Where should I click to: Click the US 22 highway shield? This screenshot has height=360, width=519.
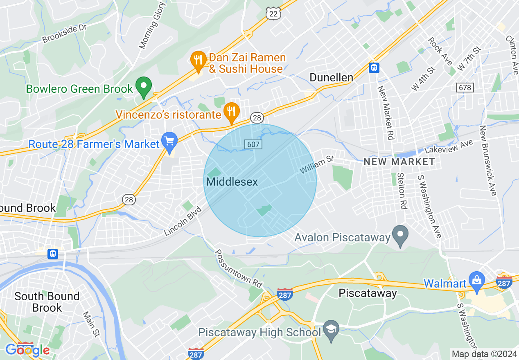273,13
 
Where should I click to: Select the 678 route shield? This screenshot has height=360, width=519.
465,88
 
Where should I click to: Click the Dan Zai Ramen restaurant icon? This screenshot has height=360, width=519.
199,61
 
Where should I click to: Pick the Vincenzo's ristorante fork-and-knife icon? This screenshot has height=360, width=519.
232,112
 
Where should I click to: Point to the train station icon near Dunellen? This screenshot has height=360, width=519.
374,67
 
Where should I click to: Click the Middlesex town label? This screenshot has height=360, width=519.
232,182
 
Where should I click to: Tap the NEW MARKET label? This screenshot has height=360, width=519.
399,162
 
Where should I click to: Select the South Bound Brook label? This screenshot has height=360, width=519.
47,301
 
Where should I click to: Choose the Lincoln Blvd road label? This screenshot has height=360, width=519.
183,221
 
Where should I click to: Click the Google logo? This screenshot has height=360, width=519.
27,350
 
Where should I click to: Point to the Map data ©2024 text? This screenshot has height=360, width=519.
483,354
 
